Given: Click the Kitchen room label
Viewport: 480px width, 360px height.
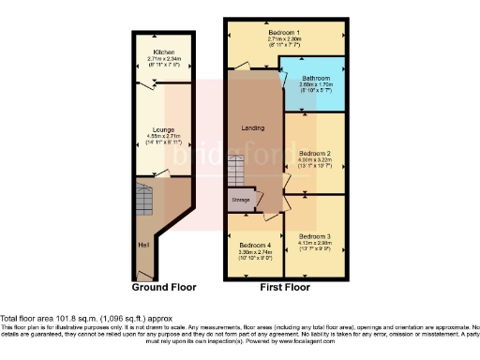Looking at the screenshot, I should tap(164, 52).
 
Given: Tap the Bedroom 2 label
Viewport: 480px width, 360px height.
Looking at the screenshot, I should tap(316, 152).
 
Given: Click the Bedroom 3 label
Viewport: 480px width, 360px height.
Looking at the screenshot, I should tap(316, 235).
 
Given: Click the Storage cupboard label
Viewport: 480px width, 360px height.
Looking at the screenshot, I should tap(241, 200).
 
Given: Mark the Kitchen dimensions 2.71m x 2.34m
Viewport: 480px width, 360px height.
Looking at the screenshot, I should tap(164, 58).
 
